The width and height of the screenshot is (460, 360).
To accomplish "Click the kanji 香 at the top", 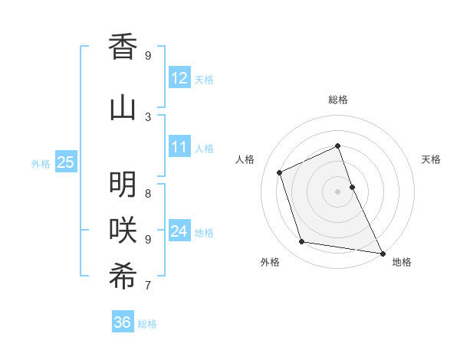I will (123, 47).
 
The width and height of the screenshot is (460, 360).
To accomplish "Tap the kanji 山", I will (123, 108).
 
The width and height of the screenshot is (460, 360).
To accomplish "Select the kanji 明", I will (123, 185).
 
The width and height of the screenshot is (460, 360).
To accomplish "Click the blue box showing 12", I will (179, 78).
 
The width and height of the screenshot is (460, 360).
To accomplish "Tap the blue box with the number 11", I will (179, 147).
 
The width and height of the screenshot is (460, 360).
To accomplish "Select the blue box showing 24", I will (179, 231).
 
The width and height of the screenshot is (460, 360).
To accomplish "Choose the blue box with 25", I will (66, 162).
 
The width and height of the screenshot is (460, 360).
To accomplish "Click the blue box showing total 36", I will (123, 322).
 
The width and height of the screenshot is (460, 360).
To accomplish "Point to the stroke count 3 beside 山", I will (148, 116).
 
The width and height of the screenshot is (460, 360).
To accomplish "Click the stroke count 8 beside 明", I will (148, 193).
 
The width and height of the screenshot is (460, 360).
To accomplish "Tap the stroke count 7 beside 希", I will (148, 286).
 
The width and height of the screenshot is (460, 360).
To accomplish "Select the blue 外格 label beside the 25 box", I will (41, 163).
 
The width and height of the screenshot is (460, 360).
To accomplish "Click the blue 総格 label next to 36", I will (147, 324).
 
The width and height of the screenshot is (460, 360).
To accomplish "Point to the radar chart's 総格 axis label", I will (338, 100).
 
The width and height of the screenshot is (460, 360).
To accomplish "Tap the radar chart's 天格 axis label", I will (431, 159).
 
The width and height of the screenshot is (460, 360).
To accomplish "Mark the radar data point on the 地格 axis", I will (382, 252).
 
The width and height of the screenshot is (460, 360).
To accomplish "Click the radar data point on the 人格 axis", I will (280, 172).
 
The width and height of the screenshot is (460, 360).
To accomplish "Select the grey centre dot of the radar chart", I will (338, 191).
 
